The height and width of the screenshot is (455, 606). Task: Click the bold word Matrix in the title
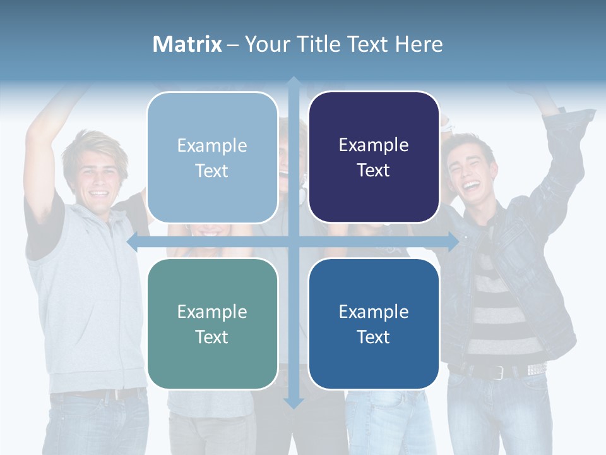pos(187,44)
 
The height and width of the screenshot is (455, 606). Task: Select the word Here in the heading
pos(419,44)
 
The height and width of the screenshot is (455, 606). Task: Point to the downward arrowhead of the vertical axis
pos(294,403)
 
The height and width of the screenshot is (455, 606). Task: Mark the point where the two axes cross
pos(294,241)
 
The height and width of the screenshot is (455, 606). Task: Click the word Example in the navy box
pos(374,145)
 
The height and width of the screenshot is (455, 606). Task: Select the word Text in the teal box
pos(212,337)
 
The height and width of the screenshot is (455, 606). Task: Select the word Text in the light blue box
pos(212,171)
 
